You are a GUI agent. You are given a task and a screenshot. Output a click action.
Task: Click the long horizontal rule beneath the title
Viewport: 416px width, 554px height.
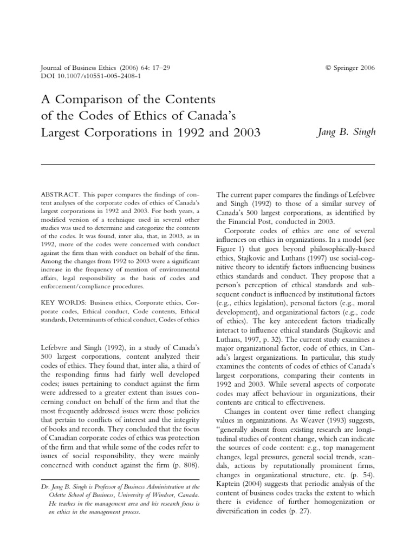point(207,164)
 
